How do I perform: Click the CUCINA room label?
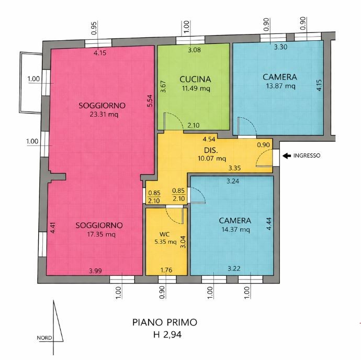[x=195, y=80]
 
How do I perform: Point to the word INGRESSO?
[x=307, y=155]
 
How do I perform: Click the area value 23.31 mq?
[x=103, y=115]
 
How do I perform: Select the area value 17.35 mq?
[x=99, y=234]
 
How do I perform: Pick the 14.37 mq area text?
[x=235, y=229]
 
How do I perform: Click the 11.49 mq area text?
[x=195, y=89]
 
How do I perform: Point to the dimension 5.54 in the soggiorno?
[x=150, y=100]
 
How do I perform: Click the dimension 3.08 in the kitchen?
[x=194, y=50]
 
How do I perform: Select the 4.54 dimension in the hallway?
[x=210, y=140]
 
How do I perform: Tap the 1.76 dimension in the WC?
[x=165, y=270]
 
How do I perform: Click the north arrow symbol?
[x=57, y=321]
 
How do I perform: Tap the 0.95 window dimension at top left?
[x=94, y=28]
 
